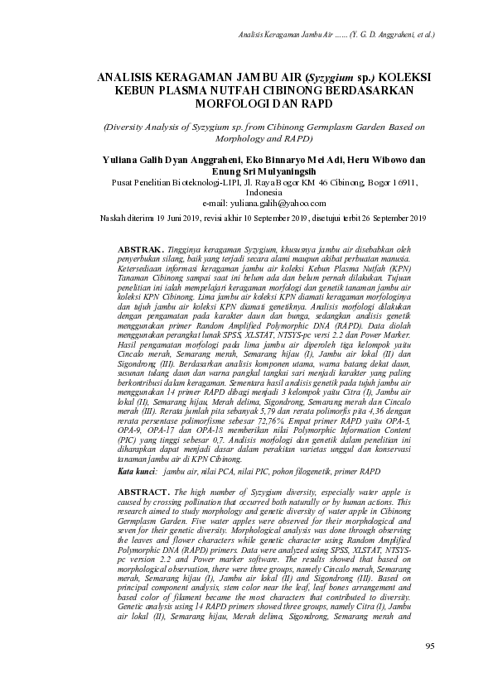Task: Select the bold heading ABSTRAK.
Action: (x=141, y=248)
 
